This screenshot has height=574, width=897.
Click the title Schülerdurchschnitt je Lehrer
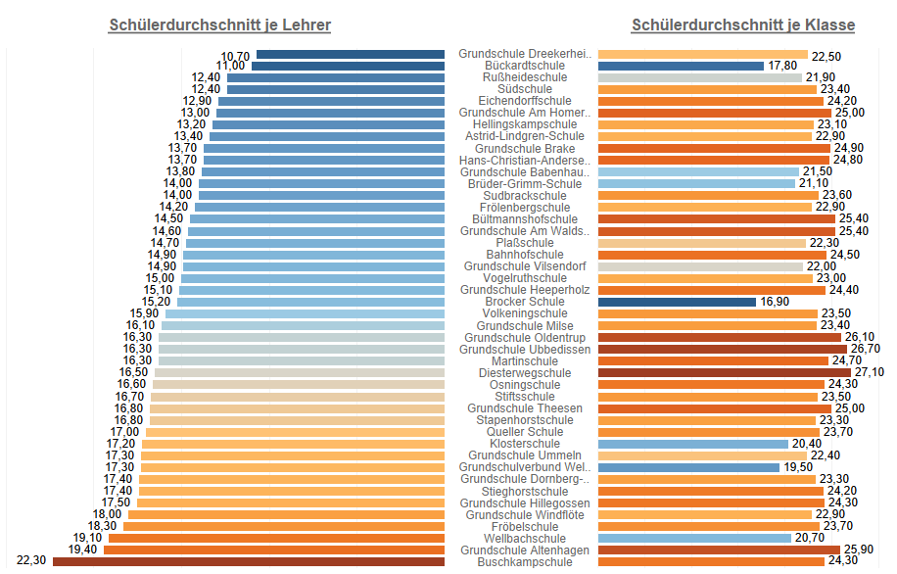(219, 25)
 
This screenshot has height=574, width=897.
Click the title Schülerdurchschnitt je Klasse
(742, 25)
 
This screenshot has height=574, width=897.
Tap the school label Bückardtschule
(524, 66)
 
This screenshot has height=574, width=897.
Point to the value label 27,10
(870, 373)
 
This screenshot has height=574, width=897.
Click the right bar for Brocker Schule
(677, 302)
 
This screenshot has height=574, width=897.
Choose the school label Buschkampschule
(524, 562)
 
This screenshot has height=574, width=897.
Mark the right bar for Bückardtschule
(681, 66)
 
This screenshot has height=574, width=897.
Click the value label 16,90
(774, 302)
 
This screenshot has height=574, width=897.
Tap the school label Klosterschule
(524, 444)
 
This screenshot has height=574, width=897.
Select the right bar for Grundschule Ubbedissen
(723, 349)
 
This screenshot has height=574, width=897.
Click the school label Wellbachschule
(524, 539)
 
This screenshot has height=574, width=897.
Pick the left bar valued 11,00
(348, 66)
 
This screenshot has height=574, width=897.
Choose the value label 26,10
(861, 337)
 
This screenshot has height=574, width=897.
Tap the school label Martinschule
(524, 361)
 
